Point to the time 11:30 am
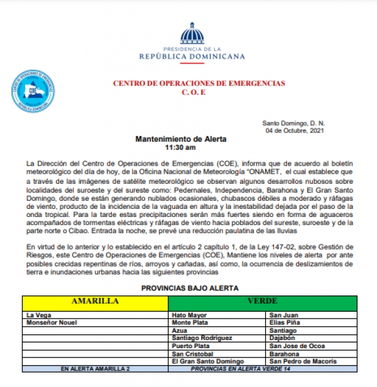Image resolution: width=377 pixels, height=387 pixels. tap(180, 148)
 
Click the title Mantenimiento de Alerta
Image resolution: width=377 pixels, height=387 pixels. tap(180, 139)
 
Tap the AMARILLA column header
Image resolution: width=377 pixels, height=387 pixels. tap(95, 301)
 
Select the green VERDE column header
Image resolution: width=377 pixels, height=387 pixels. tap(263, 301)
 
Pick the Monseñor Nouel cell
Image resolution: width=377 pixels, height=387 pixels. tap(50, 322)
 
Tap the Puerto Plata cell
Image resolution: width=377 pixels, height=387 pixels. tap(191, 346)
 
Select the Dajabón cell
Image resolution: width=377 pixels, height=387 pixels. tap(282, 338)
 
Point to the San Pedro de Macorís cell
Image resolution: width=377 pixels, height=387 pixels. tap(302, 361)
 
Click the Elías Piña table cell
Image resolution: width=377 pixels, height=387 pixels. tap(284, 322)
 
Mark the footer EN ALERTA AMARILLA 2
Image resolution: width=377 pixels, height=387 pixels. tap(95, 369)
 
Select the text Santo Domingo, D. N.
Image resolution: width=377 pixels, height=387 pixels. tap(294, 124)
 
